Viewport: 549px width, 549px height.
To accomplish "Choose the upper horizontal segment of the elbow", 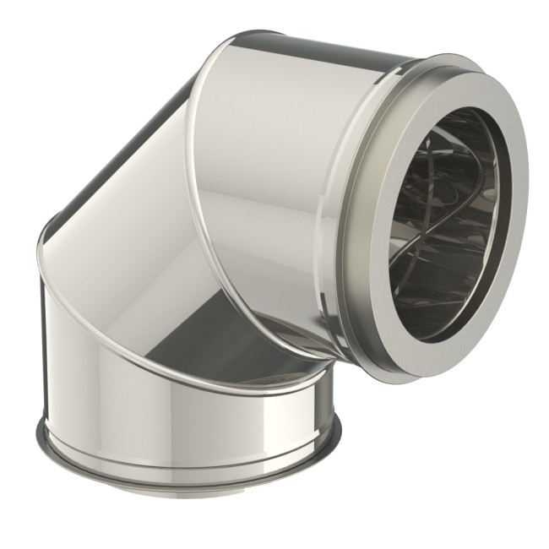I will click(x=279, y=169).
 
